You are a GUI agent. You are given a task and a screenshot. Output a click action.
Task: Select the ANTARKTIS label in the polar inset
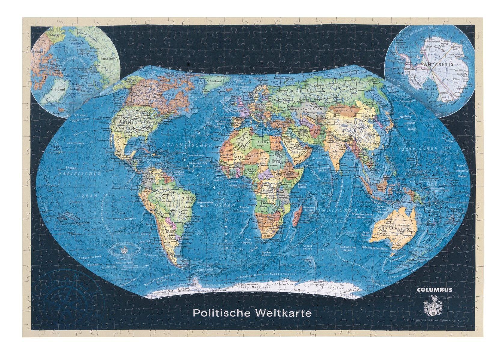(x=434, y=64)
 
